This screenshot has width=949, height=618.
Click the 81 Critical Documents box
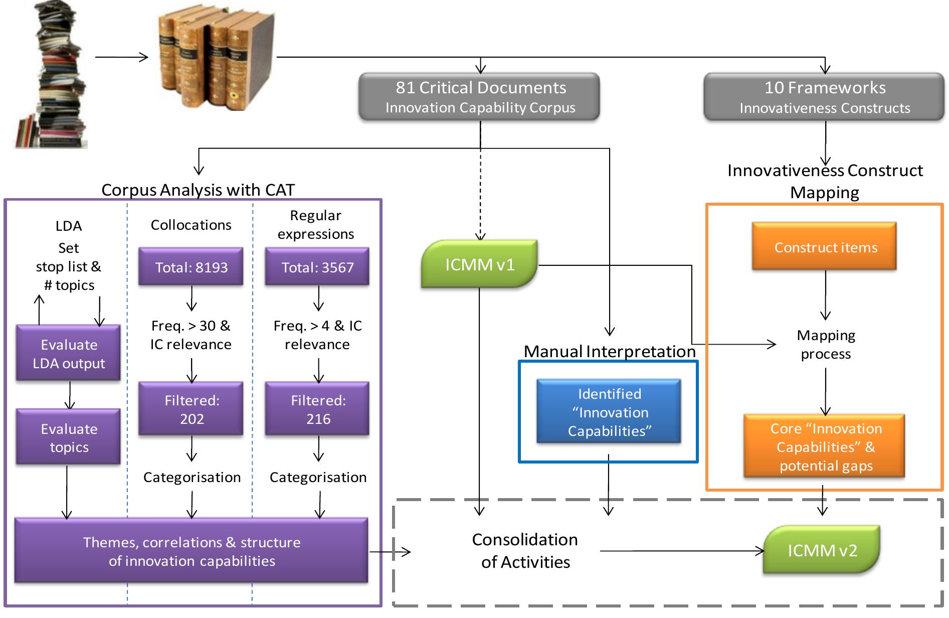(480, 97)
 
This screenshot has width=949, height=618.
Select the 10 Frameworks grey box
(824, 97)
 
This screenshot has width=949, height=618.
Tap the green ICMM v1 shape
(479, 264)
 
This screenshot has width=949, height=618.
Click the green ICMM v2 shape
(822, 550)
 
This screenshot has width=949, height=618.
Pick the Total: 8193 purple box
(191, 267)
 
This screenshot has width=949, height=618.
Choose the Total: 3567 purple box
(317, 267)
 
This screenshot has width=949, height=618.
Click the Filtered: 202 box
(191, 409)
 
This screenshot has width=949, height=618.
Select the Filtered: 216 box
(317, 409)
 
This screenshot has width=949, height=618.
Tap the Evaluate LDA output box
(69, 354)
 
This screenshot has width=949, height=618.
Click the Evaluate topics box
(69, 437)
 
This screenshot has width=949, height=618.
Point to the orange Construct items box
(825, 247)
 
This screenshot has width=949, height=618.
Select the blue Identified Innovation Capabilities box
(609, 412)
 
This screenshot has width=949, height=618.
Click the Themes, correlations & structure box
(192, 551)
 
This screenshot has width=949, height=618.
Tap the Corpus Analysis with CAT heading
(198, 190)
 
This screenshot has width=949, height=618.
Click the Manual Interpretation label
(609, 351)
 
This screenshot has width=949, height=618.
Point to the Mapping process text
(825, 344)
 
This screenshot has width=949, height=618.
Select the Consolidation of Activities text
(525, 550)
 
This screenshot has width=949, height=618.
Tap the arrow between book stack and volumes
(121, 57)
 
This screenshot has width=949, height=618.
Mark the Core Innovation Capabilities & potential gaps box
(825, 446)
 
